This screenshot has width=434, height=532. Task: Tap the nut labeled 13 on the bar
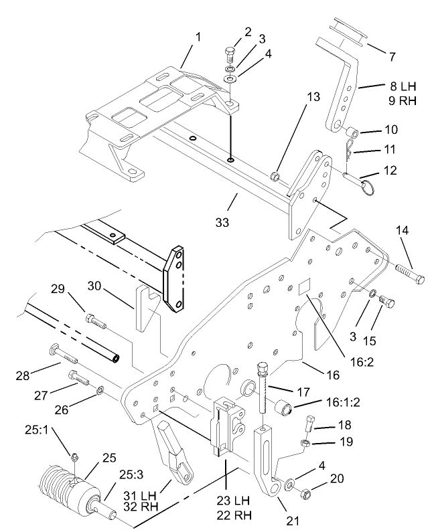[274, 176]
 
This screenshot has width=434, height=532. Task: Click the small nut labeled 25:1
[72, 456]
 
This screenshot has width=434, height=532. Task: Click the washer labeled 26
[100, 389]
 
